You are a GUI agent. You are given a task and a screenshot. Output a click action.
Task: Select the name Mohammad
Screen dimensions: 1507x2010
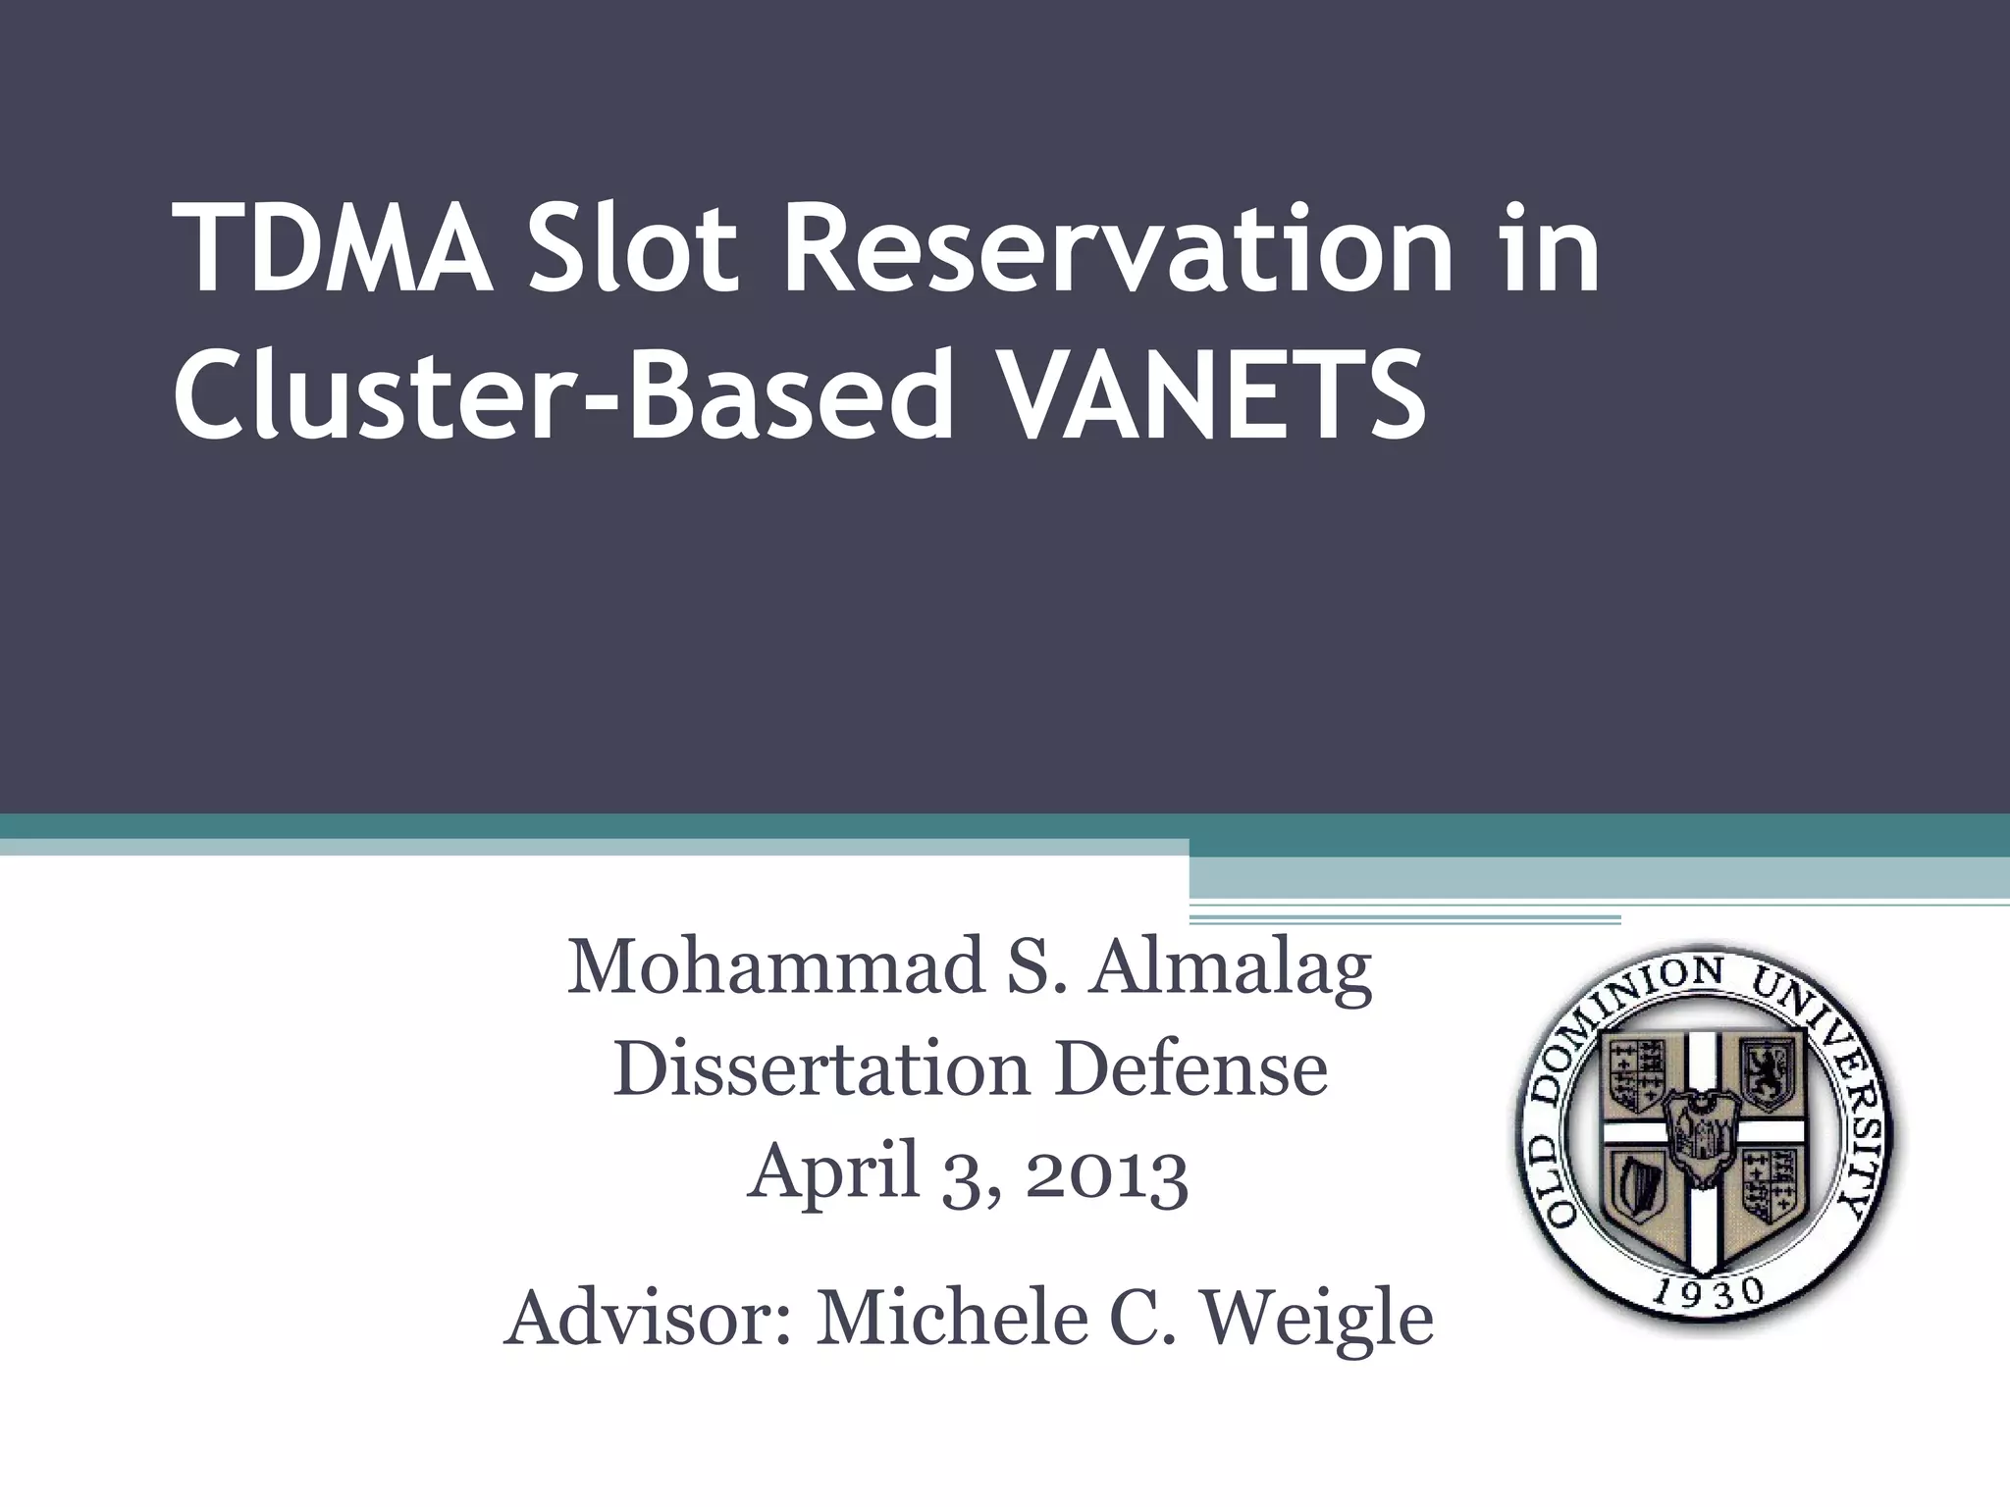775,967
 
